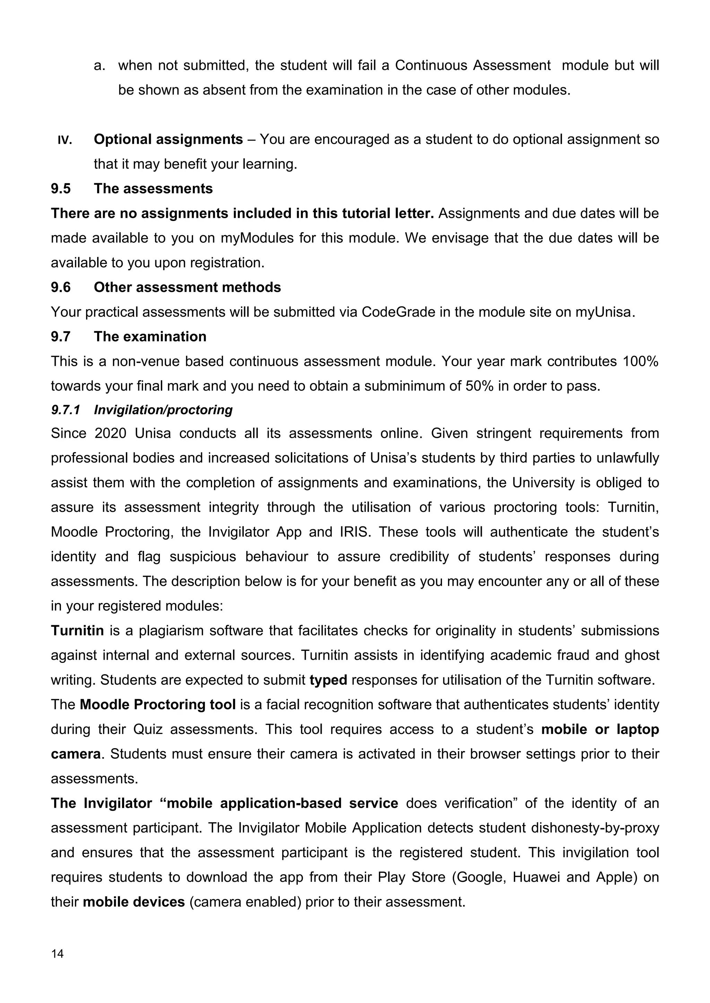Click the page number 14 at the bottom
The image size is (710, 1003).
pos(57,953)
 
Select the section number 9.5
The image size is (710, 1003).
pos(61,188)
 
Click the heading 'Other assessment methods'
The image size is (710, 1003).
pos(187,287)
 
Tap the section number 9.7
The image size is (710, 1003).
pos(61,336)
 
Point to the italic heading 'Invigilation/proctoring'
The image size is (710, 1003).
pos(163,410)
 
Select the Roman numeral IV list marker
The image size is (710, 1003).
pos(65,140)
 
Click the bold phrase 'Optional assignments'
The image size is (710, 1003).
pos(168,139)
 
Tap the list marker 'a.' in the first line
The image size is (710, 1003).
pos(100,65)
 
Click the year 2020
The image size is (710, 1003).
pos(111,433)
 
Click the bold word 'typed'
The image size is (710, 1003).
pos(328,680)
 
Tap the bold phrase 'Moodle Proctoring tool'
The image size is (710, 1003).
pos(158,705)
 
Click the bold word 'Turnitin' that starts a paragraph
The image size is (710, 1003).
pos(77,631)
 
